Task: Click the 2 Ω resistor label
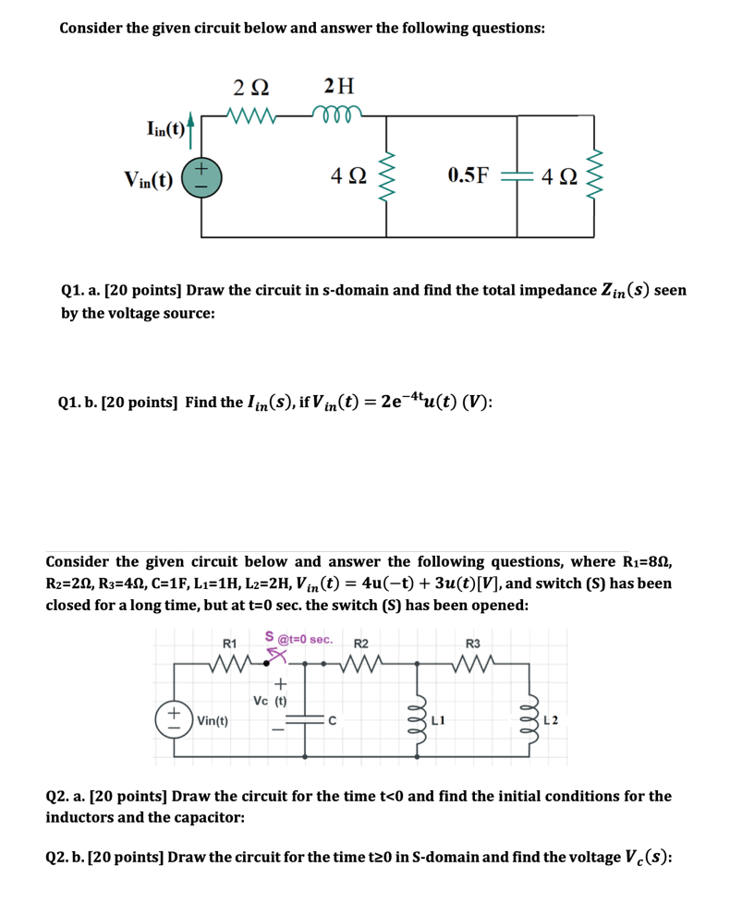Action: coord(251,88)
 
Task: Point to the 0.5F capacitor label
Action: coord(468,175)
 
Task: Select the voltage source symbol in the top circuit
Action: coord(201,175)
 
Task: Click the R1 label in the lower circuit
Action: coord(230,643)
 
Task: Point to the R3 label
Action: coord(473,643)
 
